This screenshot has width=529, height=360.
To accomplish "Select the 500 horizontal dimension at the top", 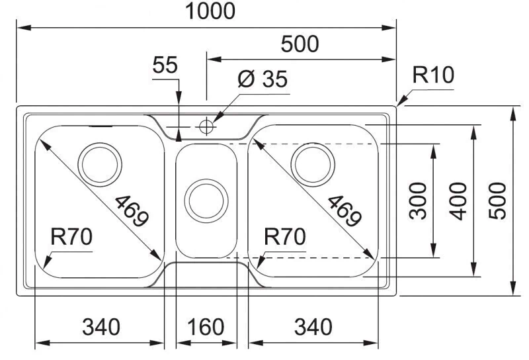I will coord(300,44).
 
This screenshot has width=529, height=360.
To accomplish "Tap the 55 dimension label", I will coord(165,65).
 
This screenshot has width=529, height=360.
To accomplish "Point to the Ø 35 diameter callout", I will coord(263,79).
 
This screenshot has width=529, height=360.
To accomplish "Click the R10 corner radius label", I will coord(433,75).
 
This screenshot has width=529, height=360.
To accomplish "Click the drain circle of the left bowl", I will coord(100,162).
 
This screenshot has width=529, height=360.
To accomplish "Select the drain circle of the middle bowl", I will coord(206,201).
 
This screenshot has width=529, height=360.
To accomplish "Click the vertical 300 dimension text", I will coord(418,200).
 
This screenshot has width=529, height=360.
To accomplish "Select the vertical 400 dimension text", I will coord(458,200).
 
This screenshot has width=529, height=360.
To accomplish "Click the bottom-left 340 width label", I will coord(101,326).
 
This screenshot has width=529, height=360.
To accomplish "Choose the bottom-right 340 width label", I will coord(311,326).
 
